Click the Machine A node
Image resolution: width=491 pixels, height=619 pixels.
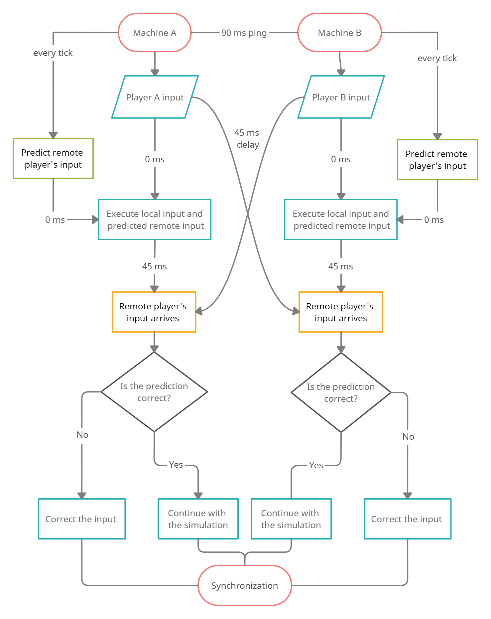click(x=155, y=33)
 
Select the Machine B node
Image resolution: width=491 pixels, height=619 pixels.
click(x=339, y=33)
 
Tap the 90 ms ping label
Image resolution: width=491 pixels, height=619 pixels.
click(x=244, y=33)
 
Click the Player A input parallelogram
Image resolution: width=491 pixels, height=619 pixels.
click(x=155, y=97)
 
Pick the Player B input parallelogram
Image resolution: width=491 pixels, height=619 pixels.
click(x=341, y=97)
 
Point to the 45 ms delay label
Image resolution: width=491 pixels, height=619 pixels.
click(x=248, y=139)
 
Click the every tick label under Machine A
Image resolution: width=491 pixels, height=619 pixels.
click(x=53, y=53)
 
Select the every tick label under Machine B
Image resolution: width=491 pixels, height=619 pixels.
click(x=437, y=58)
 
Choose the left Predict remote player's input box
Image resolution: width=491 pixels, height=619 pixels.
click(x=53, y=158)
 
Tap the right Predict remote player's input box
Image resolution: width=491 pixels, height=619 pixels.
click(x=437, y=160)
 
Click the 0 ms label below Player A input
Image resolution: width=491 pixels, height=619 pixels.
click(x=155, y=159)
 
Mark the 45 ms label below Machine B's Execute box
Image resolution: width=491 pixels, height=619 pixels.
click(x=341, y=266)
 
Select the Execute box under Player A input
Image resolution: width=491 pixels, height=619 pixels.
click(x=155, y=220)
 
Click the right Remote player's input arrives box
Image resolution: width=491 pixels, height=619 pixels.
click(x=341, y=312)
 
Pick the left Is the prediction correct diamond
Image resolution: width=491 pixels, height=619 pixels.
click(x=154, y=392)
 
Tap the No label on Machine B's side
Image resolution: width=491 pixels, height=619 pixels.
click(x=408, y=437)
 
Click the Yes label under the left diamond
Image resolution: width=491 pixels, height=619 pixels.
click(x=176, y=465)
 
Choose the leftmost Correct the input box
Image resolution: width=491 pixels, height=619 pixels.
click(x=82, y=519)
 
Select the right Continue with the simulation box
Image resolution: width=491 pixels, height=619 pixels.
click(x=291, y=519)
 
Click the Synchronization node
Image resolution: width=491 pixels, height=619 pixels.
click(x=245, y=585)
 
